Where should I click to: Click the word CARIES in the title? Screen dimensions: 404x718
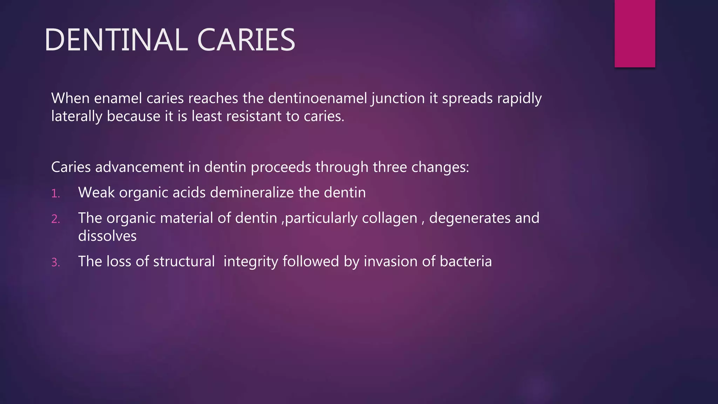(246, 40)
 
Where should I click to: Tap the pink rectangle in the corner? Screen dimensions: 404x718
(635, 34)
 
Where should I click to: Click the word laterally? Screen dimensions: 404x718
(77, 116)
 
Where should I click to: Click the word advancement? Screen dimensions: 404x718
(139, 167)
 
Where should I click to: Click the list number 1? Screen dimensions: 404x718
(55, 194)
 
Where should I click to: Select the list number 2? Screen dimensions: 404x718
(55, 219)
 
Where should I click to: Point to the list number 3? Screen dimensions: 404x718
(55, 262)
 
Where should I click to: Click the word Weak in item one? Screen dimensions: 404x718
(96, 193)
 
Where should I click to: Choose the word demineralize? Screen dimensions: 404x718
(252, 193)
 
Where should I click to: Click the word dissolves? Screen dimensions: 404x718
(107, 236)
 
